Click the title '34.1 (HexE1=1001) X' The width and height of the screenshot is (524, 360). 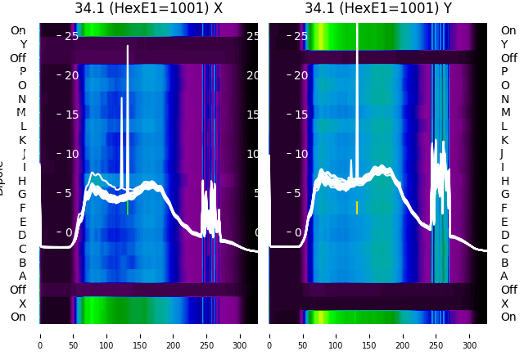pyautogui.click(x=148, y=9)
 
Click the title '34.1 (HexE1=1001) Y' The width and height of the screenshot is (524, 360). pyautogui.click(x=378, y=9)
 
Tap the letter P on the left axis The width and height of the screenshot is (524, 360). pyautogui.click(x=22, y=72)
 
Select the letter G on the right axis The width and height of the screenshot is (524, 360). pyautogui.click(x=505, y=195)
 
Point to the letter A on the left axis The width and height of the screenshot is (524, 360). pyautogui.click(x=22, y=277)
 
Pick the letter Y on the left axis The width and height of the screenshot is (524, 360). pyautogui.click(x=23, y=45)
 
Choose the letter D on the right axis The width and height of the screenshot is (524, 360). pyautogui.click(x=504, y=236)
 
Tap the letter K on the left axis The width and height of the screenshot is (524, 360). pyautogui.click(x=22, y=140)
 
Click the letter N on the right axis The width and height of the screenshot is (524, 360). pyautogui.click(x=504, y=99)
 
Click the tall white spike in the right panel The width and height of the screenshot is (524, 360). pyautogui.click(x=357, y=82)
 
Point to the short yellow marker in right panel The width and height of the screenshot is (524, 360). pyautogui.click(x=357, y=207)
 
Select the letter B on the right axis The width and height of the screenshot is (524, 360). pyautogui.click(x=504, y=263)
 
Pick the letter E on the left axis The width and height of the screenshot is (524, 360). pyautogui.click(x=22, y=222)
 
